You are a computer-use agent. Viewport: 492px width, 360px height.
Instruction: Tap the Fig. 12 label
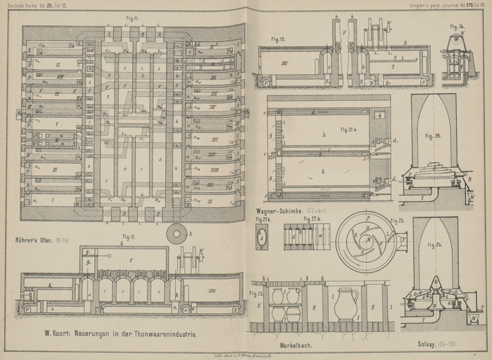(x=130, y=236)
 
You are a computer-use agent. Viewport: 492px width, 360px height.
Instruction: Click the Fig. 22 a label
(x=351, y=129)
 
